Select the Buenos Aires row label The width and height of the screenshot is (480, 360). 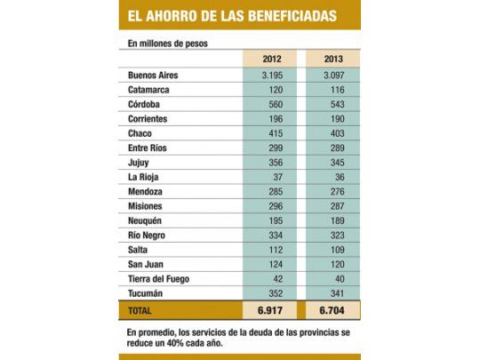(x=153, y=76)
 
